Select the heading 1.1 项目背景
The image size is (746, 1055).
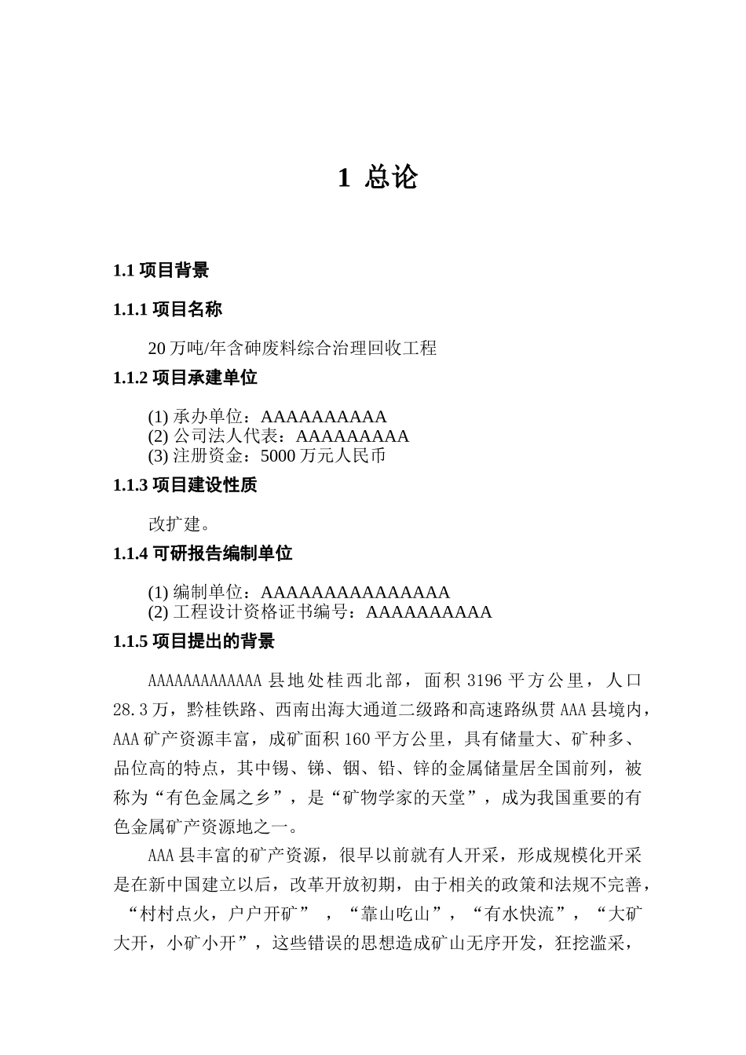[x=161, y=271]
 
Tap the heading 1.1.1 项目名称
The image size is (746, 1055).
[x=167, y=309]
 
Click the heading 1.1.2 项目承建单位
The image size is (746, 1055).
[x=185, y=378]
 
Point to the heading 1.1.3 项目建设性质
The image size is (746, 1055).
[x=185, y=485]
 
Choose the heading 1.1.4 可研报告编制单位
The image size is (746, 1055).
[x=203, y=553]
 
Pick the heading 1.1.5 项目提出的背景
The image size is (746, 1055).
[x=194, y=641]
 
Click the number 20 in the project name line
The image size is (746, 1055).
[x=156, y=348]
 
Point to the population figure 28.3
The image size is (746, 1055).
[x=131, y=710]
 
